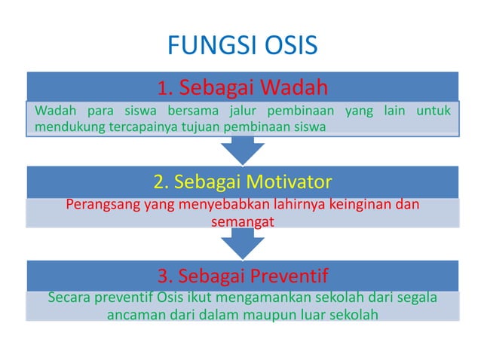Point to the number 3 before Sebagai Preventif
pyautogui.click(x=162, y=273)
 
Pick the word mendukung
pyautogui.click(x=66, y=127)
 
